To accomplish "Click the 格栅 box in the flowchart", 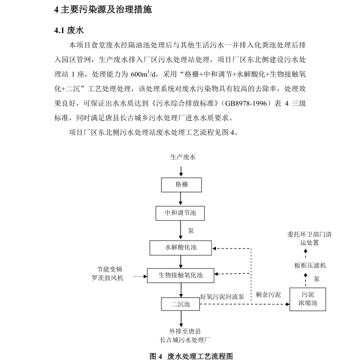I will coord(180,185).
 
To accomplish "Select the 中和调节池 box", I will coord(180,213).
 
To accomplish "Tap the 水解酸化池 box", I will coord(180,247).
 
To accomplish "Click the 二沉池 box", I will coord(180,304).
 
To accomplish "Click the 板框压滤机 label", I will coord(310,265).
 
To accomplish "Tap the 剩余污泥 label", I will coord(268,295).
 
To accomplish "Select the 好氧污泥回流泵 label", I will coord(222,296).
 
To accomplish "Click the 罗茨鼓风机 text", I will coord(108,278).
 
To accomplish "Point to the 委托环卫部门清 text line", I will coord(309,234).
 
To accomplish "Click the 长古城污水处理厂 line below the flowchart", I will coord(181,340).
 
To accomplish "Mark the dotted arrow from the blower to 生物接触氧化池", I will coord(139,276).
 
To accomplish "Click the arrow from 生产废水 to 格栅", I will coord(181,170).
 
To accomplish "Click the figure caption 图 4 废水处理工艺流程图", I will coord(191,356).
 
